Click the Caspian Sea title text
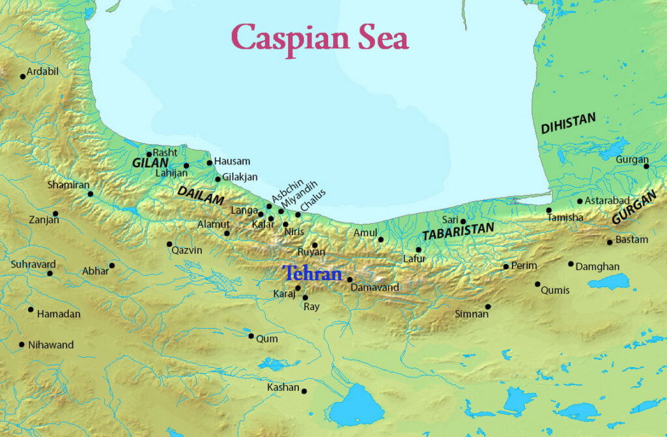320,37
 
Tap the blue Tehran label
312,274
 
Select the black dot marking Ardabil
23,76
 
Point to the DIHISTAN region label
568,123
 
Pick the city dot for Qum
251,336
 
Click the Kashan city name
283,388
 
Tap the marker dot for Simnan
488,307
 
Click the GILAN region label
150,162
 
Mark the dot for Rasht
149,154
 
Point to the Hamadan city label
59,314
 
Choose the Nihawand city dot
21,345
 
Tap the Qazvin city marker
169,244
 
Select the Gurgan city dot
646,166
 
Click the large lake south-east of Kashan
356,405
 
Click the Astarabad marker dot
580,201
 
